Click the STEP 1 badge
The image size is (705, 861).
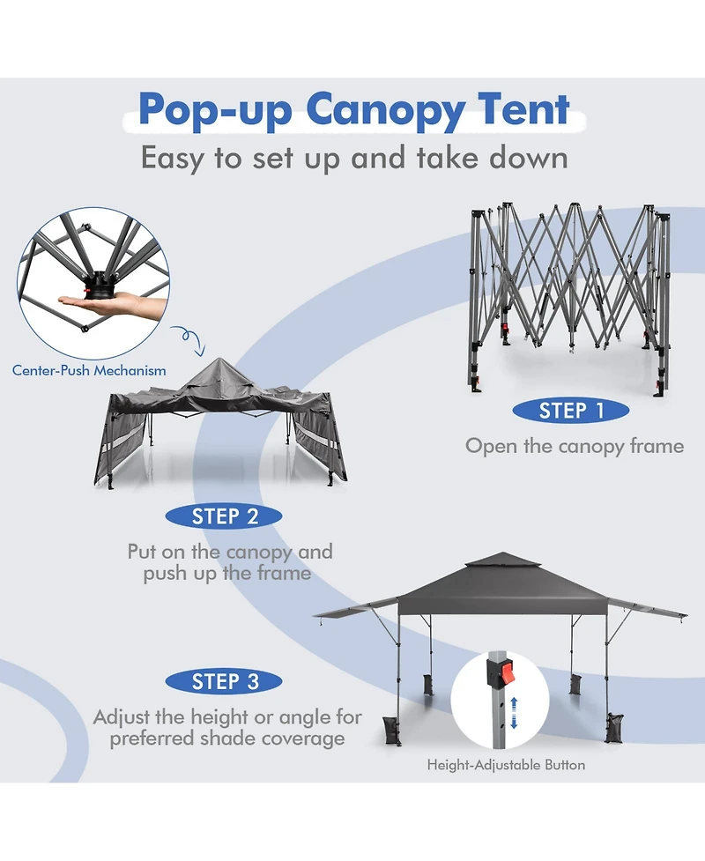point(571,411)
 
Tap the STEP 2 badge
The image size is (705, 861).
point(224,516)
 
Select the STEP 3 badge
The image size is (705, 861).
point(224,681)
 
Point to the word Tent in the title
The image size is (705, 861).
point(523,108)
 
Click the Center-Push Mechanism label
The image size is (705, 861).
point(89,371)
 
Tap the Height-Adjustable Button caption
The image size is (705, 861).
point(506,765)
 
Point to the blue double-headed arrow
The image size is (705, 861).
point(514,713)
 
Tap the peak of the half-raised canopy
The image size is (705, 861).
point(219,360)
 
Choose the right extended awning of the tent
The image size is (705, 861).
point(648,608)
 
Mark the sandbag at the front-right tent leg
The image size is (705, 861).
point(614,727)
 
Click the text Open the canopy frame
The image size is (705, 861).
point(575,447)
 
